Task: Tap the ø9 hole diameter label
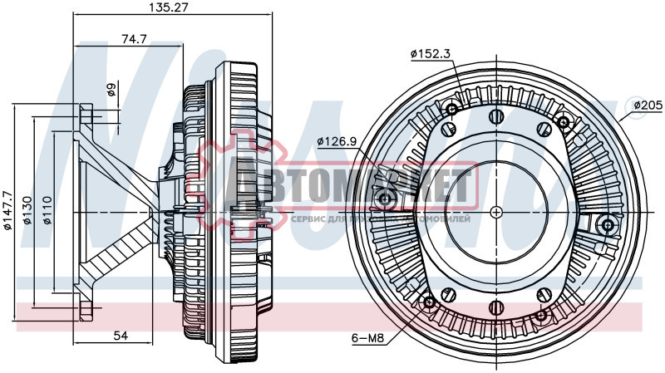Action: [x=112, y=89]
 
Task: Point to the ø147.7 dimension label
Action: [x=8, y=210]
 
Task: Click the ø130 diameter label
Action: [x=27, y=211]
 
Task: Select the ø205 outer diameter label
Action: [x=648, y=106]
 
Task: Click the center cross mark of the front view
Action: [x=496, y=210]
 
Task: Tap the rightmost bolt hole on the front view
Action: [x=608, y=225]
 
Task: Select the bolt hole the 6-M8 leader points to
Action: [x=429, y=302]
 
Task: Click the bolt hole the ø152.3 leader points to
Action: [x=452, y=110]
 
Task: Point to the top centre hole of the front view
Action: [x=496, y=116]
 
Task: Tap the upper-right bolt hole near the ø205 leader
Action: [x=564, y=123]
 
